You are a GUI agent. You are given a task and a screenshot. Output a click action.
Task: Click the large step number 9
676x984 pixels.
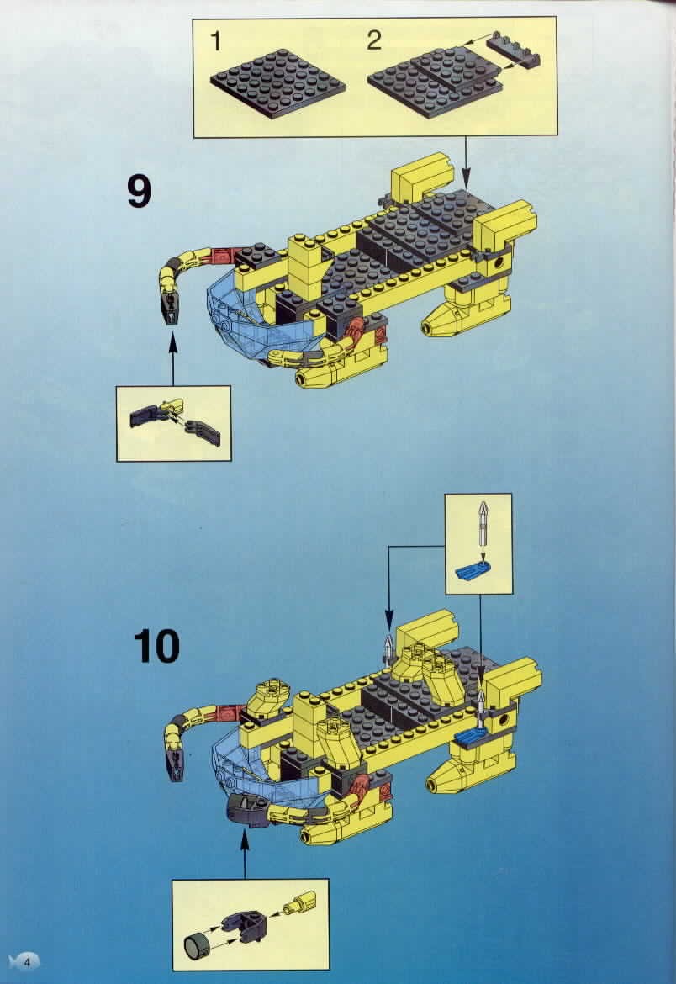click(139, 192)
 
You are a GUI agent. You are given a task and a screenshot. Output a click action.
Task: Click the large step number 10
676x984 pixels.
click(156, 647)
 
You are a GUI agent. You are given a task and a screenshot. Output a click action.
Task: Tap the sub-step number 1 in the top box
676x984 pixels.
click(216, 41)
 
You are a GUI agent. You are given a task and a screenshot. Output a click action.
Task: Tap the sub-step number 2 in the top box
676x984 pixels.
click(374, 40)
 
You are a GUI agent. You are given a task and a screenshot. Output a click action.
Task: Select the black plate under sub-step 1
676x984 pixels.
click(277, 82)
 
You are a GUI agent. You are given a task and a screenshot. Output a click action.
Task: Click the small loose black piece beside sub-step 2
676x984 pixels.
click(512, 51)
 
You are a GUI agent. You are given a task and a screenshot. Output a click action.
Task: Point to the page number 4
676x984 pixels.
click(27, 960)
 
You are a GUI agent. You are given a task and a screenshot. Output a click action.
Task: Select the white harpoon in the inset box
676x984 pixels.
click(483, 526)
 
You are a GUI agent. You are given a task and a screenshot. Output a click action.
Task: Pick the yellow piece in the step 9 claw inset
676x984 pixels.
click(173, 406)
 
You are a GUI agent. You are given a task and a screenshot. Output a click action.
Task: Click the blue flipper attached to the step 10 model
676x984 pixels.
click(471, 736)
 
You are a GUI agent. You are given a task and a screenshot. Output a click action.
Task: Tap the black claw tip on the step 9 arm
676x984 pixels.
click(172, 308)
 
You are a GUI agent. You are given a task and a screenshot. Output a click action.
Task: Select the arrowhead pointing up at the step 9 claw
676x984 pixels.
click(172, 342)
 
